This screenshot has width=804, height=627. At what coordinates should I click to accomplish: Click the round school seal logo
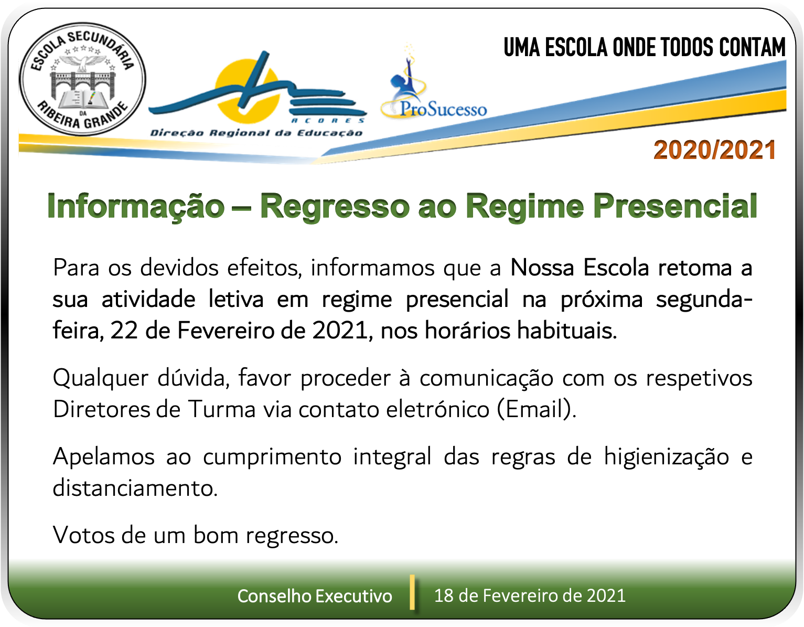tap(82, 79)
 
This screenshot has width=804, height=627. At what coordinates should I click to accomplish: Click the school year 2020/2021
tap(714, 150)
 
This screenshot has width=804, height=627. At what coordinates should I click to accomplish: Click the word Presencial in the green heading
tap(675, 206)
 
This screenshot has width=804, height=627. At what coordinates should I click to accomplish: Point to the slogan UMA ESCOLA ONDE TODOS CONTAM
tap(645, 47)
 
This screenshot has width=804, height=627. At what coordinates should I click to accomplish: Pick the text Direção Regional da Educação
tap(256, 133)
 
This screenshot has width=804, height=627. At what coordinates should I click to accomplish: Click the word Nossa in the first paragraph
tap(542, 267)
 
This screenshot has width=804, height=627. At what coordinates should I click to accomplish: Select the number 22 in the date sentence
tap(124, 330)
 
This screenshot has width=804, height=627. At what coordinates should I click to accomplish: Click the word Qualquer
tap(100, 379)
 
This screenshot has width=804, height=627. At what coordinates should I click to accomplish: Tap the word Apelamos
tap(104, 457)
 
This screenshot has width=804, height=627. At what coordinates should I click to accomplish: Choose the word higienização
tap(666, 458)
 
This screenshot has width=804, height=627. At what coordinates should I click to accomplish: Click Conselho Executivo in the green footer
tap(315, 596)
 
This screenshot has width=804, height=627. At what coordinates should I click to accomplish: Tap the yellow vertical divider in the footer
tap(412, 592)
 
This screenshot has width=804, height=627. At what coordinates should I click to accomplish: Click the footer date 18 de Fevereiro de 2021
tap(530, 596)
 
